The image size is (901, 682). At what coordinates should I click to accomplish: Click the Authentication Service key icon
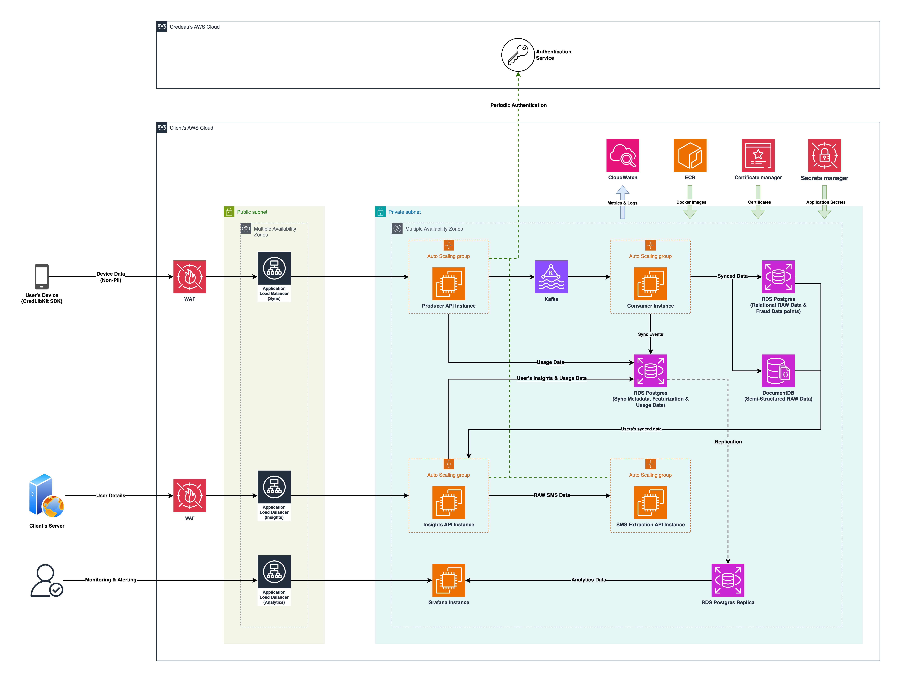[518, 55]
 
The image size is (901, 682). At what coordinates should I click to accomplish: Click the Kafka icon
[551, 277]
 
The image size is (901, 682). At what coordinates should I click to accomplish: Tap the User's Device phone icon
[41, 277]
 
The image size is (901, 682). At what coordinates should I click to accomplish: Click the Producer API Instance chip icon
[448, 284]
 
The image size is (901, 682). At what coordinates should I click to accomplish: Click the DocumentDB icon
[778, 371]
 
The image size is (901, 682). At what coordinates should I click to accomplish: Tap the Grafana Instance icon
[448, 580]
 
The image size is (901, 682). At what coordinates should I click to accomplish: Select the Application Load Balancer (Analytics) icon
[274, 571]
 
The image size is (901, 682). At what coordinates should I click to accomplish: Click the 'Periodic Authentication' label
[518, 105]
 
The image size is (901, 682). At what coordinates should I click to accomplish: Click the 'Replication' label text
[728, 442]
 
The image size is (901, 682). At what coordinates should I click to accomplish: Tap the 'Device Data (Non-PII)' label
[111, 277]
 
